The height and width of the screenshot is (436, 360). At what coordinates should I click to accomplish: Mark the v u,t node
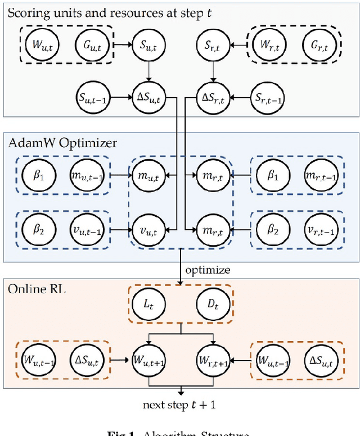[x=147, y=230]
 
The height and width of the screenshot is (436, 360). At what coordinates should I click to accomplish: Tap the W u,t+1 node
[x=147, y=357]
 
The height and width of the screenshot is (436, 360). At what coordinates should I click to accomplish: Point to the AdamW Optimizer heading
[x=62, y=143]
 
